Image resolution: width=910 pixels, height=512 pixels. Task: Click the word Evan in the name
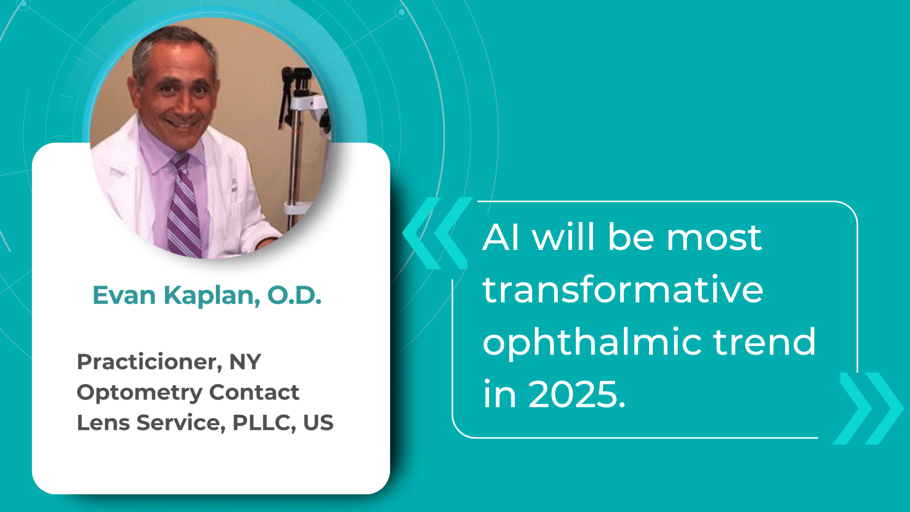coord(124,295)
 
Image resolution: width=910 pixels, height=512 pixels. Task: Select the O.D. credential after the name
coord(294,295)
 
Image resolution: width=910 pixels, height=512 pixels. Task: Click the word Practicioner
coord(149,362)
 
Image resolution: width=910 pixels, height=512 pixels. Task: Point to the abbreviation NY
coord(245,362)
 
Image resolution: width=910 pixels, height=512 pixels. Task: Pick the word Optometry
coord(139,393)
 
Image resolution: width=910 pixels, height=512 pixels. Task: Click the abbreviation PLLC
coord(264,423)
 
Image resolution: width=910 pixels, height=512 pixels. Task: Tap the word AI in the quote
coord(500,237)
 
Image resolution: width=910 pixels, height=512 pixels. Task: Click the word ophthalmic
coord(592,342)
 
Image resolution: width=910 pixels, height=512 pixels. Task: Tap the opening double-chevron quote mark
coord(437,233)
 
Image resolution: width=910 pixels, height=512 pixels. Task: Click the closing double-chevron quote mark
coord(869,408)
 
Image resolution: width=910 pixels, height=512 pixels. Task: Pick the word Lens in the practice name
coord(103,423)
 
